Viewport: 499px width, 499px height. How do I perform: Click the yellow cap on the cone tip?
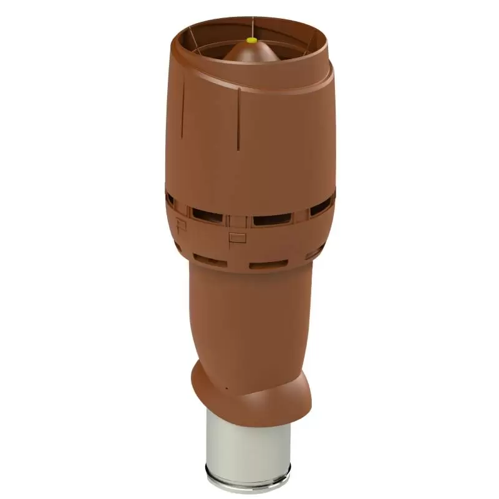coord(251,39)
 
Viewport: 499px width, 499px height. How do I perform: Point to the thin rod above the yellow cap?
coord(251,28)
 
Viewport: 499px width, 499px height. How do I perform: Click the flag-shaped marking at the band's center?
coord(236,236)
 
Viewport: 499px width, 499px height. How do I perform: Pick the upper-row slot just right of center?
coord(272,219)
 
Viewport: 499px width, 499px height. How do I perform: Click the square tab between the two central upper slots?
coord(238,220)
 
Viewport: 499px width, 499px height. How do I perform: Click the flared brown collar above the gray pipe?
coord(249,393)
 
